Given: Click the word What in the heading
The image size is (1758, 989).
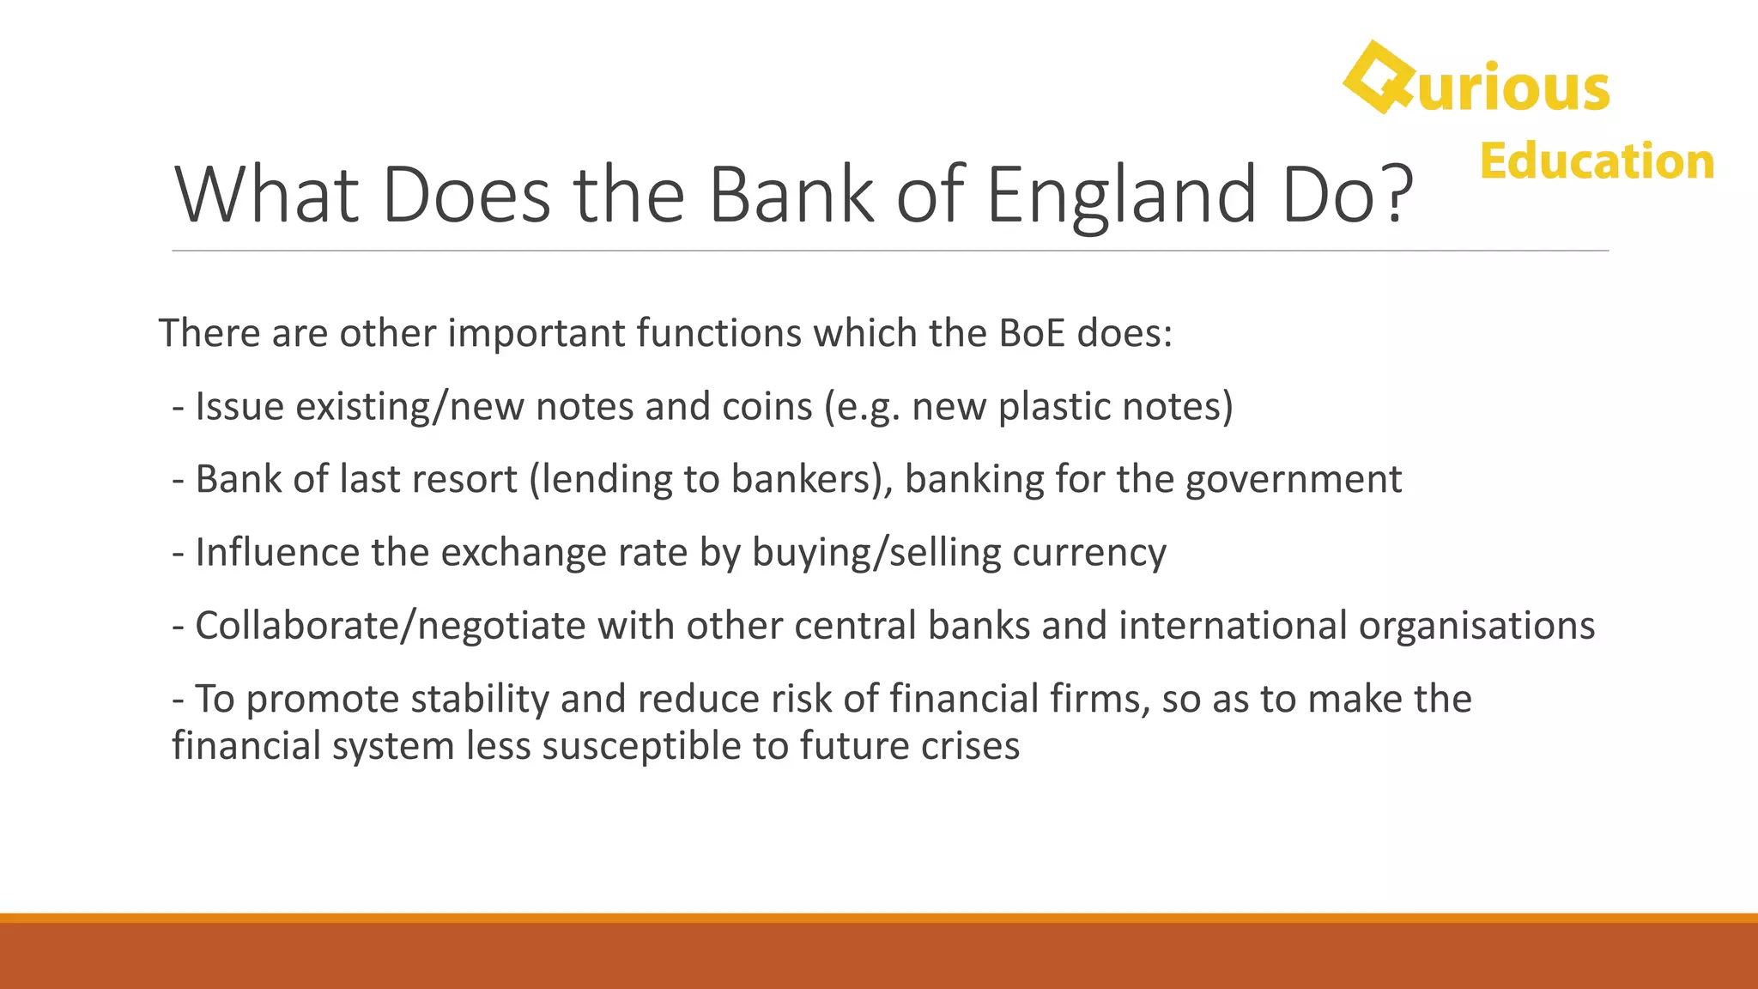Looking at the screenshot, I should click(x=266, y=196).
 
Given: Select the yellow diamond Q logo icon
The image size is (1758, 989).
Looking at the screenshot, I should click(x=1379, y=78).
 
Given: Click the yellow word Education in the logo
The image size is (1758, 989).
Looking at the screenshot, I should click(x=1597, y=161).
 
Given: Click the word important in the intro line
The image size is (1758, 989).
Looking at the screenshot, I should click(x=536, y=333).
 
